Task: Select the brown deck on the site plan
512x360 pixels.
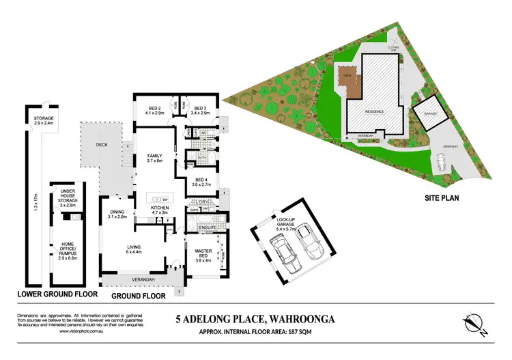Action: (350, 84)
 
